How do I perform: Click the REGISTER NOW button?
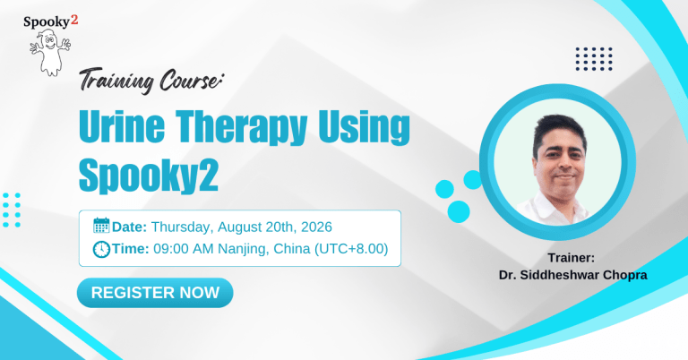[155, 293]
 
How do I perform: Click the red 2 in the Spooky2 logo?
[74, 20]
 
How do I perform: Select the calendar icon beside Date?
[101, 226]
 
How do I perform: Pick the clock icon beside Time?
[101, 249]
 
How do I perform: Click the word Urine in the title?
[122, 127]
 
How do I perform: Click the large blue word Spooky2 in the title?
[149, 176]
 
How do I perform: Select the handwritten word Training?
[116, 81]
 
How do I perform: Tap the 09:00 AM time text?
[184, 249]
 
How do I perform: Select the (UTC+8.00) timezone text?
[351, 249]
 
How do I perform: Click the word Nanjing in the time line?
[242, 250]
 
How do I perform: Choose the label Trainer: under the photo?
[572, 258]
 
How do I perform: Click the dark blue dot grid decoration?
[594, 59]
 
